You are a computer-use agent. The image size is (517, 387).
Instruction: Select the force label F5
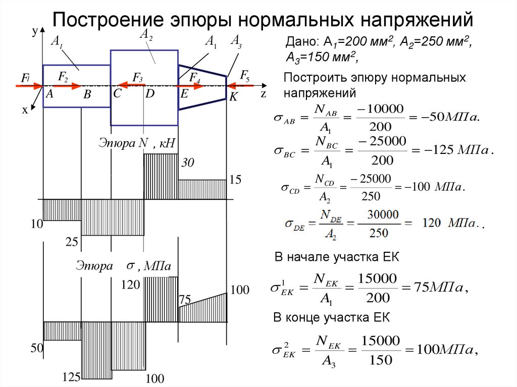[245, 76]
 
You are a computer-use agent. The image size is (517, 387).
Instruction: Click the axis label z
[263, 93]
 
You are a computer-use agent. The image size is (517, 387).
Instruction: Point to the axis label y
[34, 32]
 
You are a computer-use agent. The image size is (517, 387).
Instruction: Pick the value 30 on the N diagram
[188, 163]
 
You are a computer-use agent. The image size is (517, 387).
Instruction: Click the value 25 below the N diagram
[72, 243]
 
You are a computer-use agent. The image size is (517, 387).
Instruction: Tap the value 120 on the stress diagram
[130, 286]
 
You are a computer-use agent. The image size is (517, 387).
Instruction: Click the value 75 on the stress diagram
[184, 300]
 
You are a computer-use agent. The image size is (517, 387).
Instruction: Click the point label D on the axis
[150, 93]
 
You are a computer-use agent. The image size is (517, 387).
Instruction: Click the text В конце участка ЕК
[332, 317]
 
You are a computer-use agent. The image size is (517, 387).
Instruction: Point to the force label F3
[137, 77]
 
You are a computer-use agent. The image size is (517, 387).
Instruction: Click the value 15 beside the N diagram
[236, 180]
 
